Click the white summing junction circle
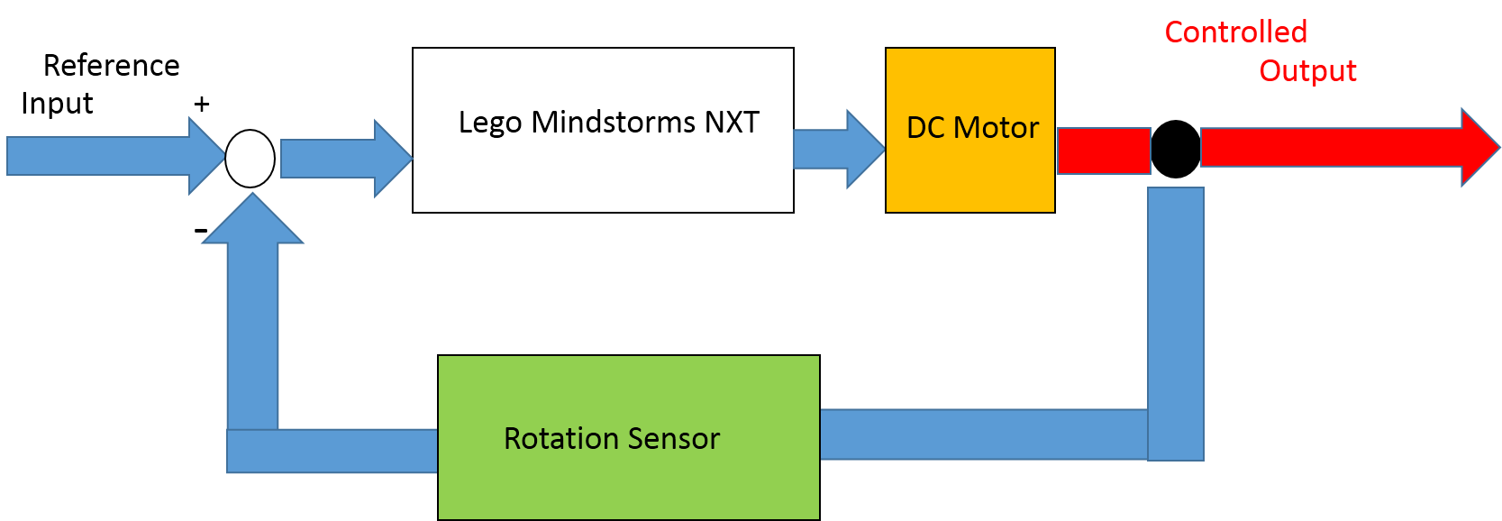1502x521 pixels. [250, 159]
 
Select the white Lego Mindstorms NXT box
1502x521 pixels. [602, 171]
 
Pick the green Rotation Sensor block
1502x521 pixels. [628, 482]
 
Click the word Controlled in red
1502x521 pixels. [1235, 32]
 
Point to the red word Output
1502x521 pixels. [1307, 71]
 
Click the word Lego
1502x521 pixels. [489, 123]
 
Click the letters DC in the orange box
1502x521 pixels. [925, 128]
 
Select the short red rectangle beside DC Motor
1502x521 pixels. [1103, 151]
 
